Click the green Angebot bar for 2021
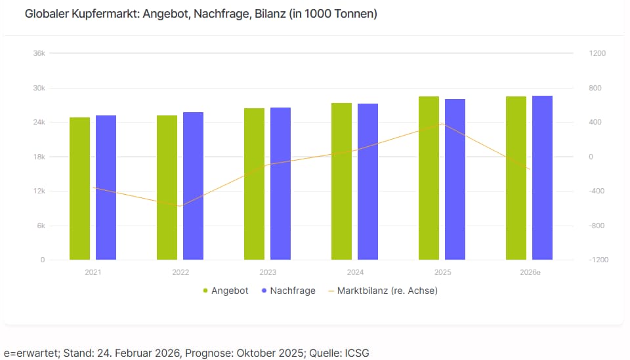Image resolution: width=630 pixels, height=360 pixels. click(x=79, y=189)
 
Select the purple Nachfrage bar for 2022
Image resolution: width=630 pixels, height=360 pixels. click(x=193, y=186)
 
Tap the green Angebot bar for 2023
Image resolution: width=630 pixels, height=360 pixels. click(x=254, y=184)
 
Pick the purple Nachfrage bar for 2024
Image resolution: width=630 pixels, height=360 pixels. click(x=367, y=182)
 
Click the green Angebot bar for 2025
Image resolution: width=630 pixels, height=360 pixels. click(x=429, y=178)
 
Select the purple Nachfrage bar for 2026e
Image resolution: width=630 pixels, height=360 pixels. click(x=542, y=178)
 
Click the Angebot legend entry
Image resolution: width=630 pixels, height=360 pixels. click(x=225, y=290)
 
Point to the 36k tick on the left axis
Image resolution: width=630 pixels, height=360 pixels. click(x=39, y=53)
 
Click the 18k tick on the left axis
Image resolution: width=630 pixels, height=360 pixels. click(x=39, y=157)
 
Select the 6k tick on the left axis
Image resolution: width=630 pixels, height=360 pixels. click(x=39, y=226)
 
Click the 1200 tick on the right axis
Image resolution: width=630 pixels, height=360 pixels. click(x=597, y=53)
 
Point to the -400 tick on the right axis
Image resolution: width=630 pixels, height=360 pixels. click(x=596, y=191)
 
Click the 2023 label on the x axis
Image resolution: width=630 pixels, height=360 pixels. click(x=268, y=271)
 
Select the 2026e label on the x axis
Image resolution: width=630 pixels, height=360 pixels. click(x=529, y=271)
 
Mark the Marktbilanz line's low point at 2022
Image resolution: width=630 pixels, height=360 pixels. click(x=180, y=206)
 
